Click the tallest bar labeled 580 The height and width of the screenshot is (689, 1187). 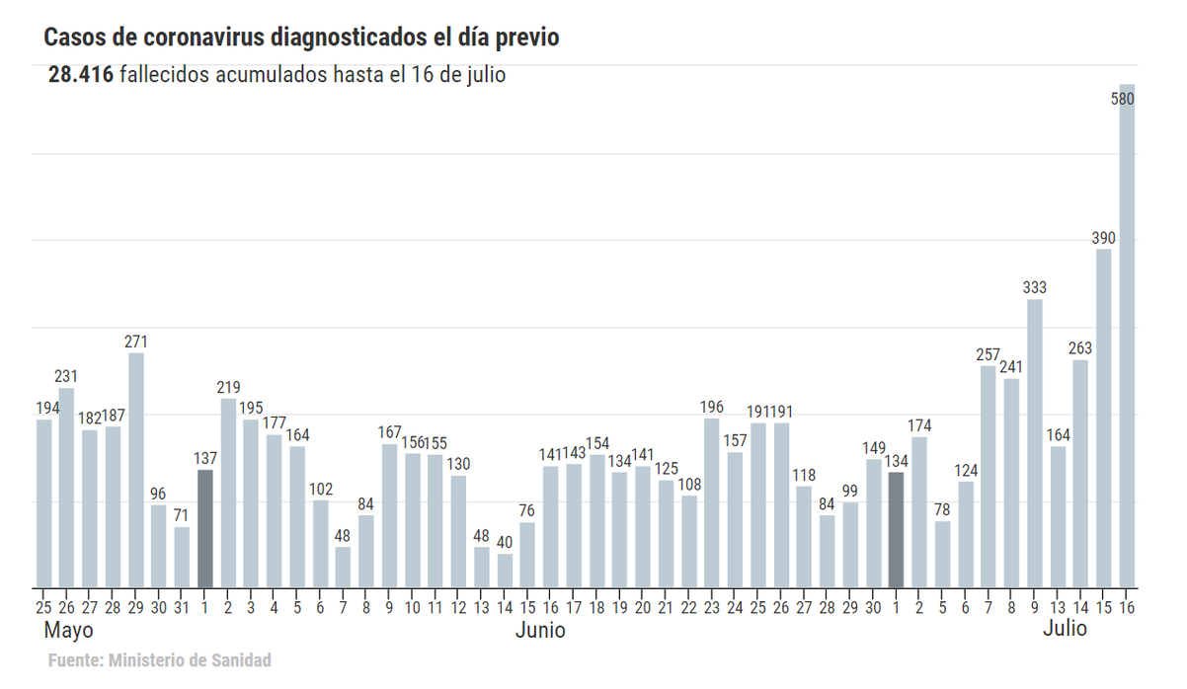point(1127,336)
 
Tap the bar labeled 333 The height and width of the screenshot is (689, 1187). point(1034,443)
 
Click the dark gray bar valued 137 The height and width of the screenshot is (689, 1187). point(204,528)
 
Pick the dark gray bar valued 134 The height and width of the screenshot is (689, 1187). point(896,529)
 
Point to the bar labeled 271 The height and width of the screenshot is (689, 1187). point(136,470)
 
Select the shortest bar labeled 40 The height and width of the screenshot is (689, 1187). point(505,571)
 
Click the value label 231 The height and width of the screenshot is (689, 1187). point(66,376)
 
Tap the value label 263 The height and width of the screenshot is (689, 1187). point(1080,347)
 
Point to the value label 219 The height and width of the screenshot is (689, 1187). point(228,387)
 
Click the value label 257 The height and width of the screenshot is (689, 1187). point(988,354)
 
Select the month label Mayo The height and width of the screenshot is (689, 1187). point(69,630)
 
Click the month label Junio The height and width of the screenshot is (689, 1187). point(540,630)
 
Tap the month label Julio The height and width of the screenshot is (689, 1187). point(1065,629)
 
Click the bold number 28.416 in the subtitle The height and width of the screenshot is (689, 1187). point(81,75)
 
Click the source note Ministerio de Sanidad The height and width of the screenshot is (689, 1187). point(189,660)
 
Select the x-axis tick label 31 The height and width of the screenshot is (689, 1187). point(182,606)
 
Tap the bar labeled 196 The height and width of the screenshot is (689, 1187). point(711,502)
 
